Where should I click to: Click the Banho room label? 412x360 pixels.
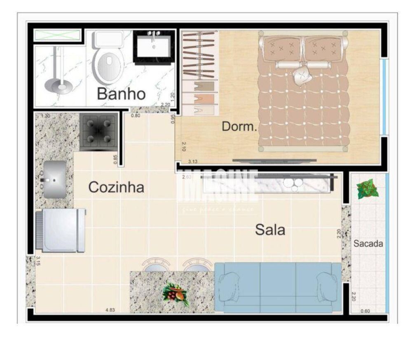121,94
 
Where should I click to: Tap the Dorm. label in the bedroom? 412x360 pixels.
239,126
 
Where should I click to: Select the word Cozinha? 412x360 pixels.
116,187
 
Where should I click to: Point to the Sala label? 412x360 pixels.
270,230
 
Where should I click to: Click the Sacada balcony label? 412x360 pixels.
368,244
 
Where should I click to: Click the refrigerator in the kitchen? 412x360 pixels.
61,230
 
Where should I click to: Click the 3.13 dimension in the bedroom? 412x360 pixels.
194,162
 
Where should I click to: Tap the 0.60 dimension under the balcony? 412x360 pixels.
365,311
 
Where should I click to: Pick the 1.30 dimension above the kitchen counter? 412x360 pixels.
46,116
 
